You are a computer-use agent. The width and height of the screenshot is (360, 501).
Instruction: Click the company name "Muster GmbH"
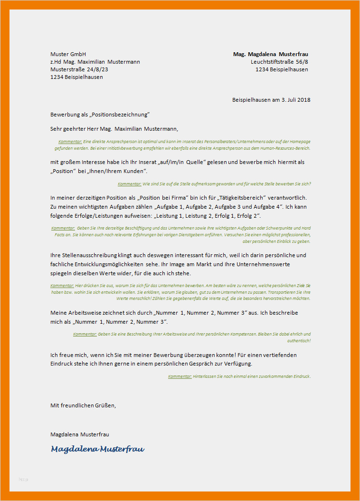pos(68,54)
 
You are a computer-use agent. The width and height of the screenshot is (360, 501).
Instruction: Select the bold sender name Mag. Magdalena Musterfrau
pos(270,54)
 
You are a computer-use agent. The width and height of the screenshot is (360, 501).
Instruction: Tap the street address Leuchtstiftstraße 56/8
pos(279,62)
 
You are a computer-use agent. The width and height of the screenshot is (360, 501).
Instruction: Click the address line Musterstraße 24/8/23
pos(79,69)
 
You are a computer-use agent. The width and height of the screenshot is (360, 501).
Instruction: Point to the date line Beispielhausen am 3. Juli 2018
pos(271,100)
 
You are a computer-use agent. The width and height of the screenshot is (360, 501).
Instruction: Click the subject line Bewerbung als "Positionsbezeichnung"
pos(100,115)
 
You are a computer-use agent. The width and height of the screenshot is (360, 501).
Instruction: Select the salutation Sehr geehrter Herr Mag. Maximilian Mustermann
pos(114,128)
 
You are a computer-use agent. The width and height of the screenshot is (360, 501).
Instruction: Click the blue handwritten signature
pos(97,449)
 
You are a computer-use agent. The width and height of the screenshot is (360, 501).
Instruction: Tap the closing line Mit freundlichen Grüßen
pos(83,405)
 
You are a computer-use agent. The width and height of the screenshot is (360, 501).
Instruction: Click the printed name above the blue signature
pos(79,434)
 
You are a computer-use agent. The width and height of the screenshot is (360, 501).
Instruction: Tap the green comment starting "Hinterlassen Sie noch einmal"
pos(252,376)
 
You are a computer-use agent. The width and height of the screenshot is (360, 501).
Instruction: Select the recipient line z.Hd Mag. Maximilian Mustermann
pos(95,62)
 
